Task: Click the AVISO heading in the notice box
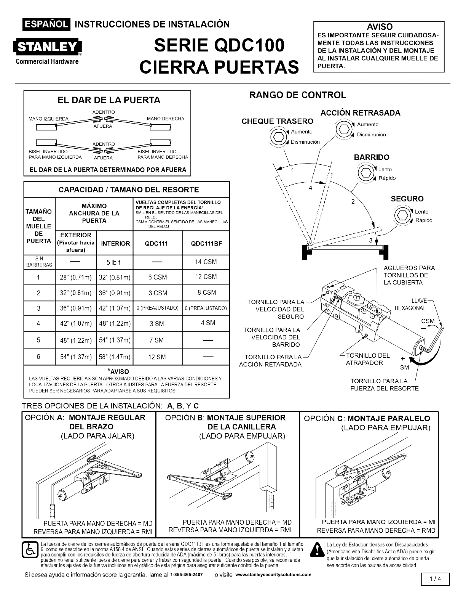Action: click(x=379, y=27)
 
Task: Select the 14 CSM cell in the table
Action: click(x=206, y=262)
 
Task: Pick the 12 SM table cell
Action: click(x=157, y=357)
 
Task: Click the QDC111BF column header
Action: click(x=206, y=243)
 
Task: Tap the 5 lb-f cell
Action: click(x=114, y=262)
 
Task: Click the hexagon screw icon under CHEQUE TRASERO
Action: click(x=279, y=137)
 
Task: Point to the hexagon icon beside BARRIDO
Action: click(x=366, y=173)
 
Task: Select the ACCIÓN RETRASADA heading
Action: click(x=360, y=113)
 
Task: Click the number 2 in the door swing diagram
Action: click(x=353, y=202)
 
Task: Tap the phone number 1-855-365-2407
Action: click(x=186, y=575)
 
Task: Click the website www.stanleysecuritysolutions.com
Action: click(x=273, y=575)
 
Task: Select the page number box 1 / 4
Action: click(x=435, y=579)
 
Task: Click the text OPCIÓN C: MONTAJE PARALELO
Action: click(x=367, y=418)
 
